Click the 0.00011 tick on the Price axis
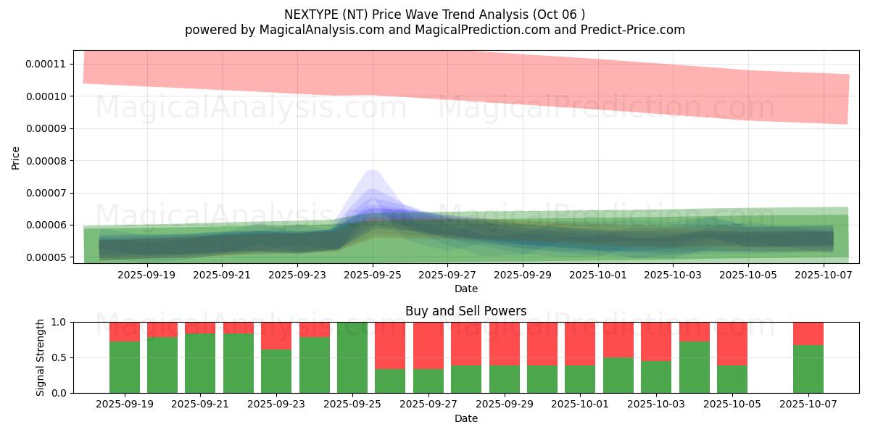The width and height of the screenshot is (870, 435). pos(46,64)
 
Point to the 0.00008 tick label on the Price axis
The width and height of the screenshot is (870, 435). pos(46,161)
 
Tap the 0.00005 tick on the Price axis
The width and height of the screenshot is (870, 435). pos(46,257)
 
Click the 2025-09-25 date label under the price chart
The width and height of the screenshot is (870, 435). pos(373,275)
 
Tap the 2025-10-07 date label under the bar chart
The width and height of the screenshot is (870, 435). pos(808,405)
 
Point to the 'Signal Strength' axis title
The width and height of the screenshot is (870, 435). pos(41,357)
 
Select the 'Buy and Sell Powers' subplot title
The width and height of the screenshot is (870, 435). pos(465,311)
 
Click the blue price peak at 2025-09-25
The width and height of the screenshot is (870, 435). pos(373,174)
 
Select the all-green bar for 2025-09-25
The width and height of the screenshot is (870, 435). pos(352,357)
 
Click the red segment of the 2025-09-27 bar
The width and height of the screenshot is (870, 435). pos(428,345)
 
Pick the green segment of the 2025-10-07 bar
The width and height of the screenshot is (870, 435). pos(808,369)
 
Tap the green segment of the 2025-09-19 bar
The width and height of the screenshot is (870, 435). pos(125,367)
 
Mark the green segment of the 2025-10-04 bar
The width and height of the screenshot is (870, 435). pos(694,367)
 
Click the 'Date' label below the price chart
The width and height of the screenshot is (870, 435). pos(465,289)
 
